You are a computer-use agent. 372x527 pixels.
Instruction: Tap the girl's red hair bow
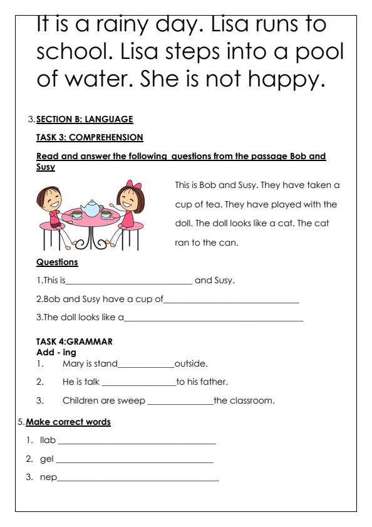133,187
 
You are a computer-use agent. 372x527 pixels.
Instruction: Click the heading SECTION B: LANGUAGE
85,119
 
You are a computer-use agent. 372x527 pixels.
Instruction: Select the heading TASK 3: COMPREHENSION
90,137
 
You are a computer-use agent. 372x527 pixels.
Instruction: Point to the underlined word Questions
57,262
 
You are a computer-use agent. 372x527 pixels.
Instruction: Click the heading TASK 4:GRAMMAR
75,342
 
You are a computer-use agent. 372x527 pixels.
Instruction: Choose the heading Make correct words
68,422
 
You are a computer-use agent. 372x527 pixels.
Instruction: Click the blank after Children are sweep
180,401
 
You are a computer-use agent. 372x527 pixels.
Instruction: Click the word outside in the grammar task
191,363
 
